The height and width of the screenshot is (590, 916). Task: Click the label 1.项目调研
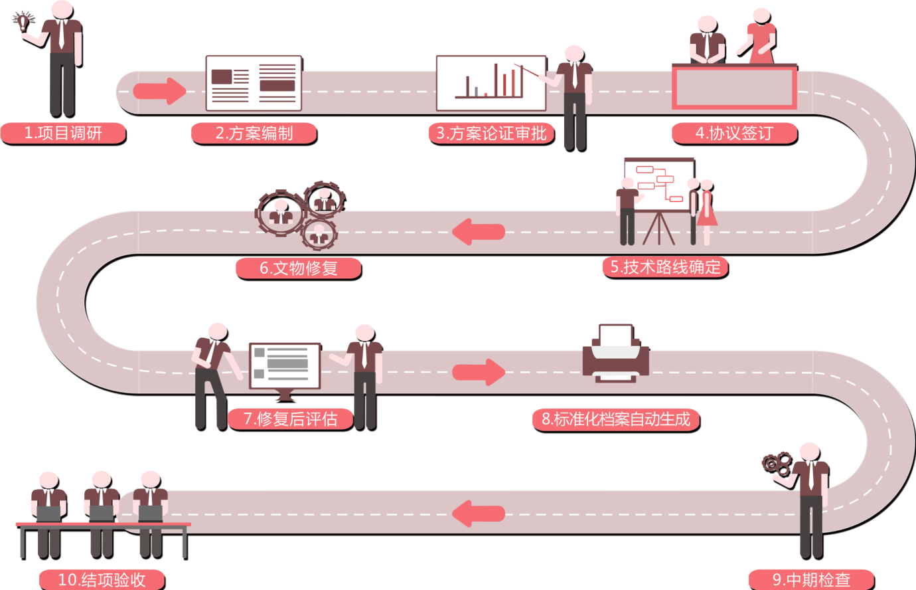(63, 134)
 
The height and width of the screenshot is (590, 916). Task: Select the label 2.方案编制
(254, 134)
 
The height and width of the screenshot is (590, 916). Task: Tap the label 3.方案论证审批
(492, 134)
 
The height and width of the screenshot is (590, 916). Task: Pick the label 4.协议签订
(734, 134)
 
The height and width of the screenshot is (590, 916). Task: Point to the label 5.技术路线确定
(665, 267)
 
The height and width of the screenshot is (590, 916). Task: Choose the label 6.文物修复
(299, 268)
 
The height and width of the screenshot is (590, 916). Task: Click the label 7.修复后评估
(290, 419)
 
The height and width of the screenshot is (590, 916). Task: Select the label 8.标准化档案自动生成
(616, 419)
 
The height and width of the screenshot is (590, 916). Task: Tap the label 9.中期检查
(811, 580)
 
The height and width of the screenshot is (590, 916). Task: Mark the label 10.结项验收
(102, 580)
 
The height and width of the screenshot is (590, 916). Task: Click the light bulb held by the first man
(23, 21)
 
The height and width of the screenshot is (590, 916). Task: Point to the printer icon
(616, 353)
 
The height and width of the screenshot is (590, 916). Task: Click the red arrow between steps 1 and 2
(160, 91)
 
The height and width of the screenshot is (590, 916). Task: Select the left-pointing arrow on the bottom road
(479, 514)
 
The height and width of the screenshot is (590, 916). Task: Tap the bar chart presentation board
(491, 83)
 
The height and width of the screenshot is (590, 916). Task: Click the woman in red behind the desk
(760, 37)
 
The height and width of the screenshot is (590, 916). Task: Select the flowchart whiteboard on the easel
(659, 185)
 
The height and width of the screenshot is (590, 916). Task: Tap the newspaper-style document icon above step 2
(254, 83)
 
